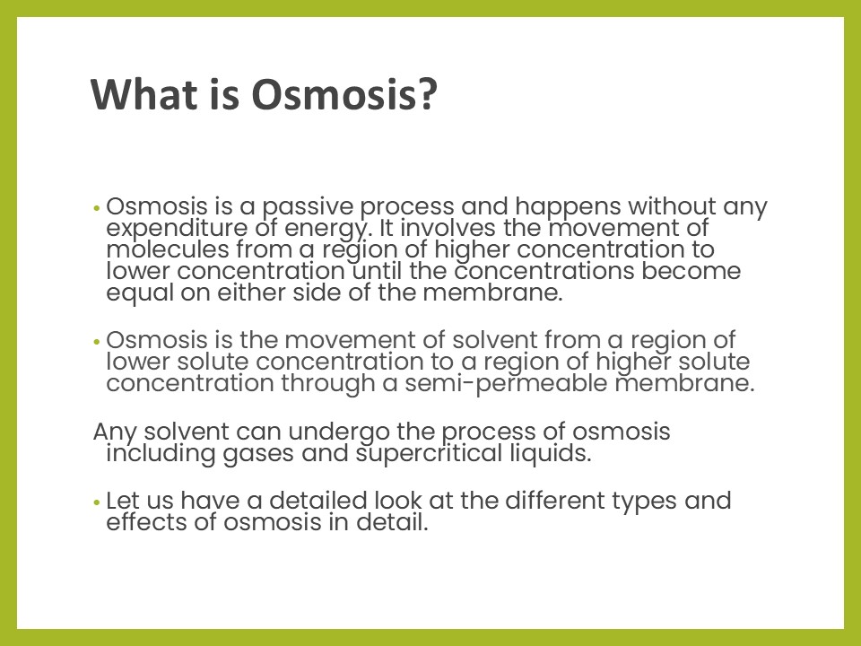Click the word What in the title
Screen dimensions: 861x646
[144, 94]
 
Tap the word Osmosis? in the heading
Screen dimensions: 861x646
[344, 94]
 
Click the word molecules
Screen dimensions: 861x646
[168, 249]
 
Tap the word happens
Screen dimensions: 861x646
[569, 207]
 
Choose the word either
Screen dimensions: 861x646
[251, 292]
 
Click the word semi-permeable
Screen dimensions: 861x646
[506, 384]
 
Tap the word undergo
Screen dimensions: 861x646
[339, 432]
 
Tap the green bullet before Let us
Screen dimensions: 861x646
[97, 502]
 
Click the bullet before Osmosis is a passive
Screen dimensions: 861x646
[97, 209]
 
